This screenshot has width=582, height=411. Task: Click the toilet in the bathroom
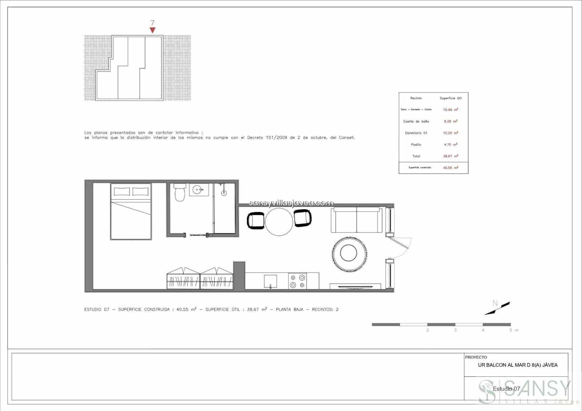[180, 193]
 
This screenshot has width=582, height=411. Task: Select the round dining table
[279, 222]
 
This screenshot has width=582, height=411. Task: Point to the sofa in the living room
[356, 220]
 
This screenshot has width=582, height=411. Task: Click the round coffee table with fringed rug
[348, 252]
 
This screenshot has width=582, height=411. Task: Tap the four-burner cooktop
[297, 281]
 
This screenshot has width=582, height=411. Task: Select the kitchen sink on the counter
[270, 281]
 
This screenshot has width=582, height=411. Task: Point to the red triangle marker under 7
[152, 30]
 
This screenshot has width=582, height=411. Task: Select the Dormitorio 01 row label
[416, 133]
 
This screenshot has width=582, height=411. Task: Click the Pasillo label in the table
[416, 145]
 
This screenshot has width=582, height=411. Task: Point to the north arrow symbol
[497, 308]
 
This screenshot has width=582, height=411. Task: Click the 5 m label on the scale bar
[513, 330]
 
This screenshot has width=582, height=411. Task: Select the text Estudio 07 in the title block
[506, 389]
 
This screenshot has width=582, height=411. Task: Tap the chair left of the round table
[256, 220]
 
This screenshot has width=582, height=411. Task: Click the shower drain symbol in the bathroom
[224, 193]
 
